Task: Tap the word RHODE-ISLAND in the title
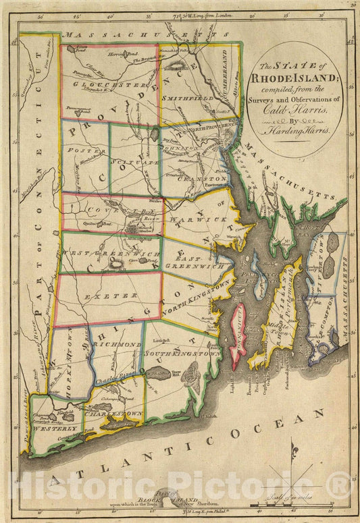pyautogui.click(x=288, y=76)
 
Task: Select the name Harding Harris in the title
pyautogui.click(x=297, y=133)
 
